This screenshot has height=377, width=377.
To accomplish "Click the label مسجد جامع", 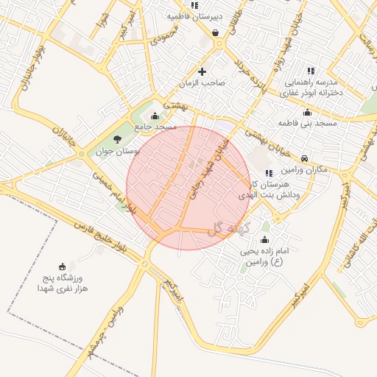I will click(155, 127).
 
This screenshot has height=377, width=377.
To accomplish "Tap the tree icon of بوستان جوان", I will click(118, 139).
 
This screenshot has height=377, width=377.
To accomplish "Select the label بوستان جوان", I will click(118, 152).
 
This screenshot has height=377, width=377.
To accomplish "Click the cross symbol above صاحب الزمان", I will click(202, 71).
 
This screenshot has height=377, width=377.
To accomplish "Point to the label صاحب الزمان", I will click(204, 83).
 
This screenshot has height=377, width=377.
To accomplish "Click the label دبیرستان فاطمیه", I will click(194, 15).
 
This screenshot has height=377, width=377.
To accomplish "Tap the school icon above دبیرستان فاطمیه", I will click(194, 4).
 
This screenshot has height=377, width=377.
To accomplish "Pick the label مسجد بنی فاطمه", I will click(308, 123).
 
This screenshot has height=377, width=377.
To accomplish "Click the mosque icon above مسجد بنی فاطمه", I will click(307, 112).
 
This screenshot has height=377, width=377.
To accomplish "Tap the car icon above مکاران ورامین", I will click(306, 157).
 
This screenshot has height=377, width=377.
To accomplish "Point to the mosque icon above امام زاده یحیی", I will click(265, 240).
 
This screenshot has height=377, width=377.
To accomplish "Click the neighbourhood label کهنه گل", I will click(228, 230).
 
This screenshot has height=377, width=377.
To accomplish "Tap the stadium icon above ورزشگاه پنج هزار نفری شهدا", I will click(62, 267).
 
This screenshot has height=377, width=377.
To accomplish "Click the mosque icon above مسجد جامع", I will click(155, 116).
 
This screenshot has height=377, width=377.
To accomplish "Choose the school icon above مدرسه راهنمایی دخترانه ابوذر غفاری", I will click(311, 71).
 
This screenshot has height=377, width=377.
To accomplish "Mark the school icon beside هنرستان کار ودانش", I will click(267, 173).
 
